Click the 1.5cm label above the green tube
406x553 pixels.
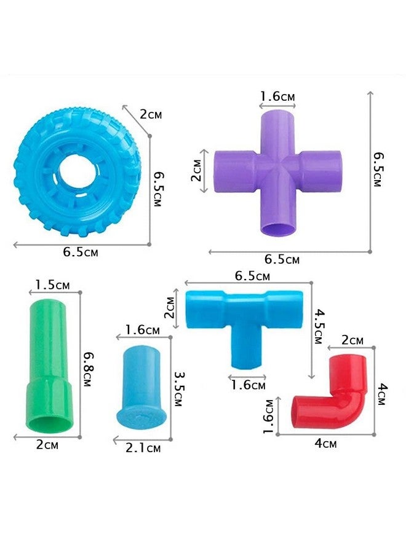click(x=52, y=284)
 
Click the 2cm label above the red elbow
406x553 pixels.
click(x=352, y=340)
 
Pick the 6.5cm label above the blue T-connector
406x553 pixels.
click(x=252, y=276)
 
